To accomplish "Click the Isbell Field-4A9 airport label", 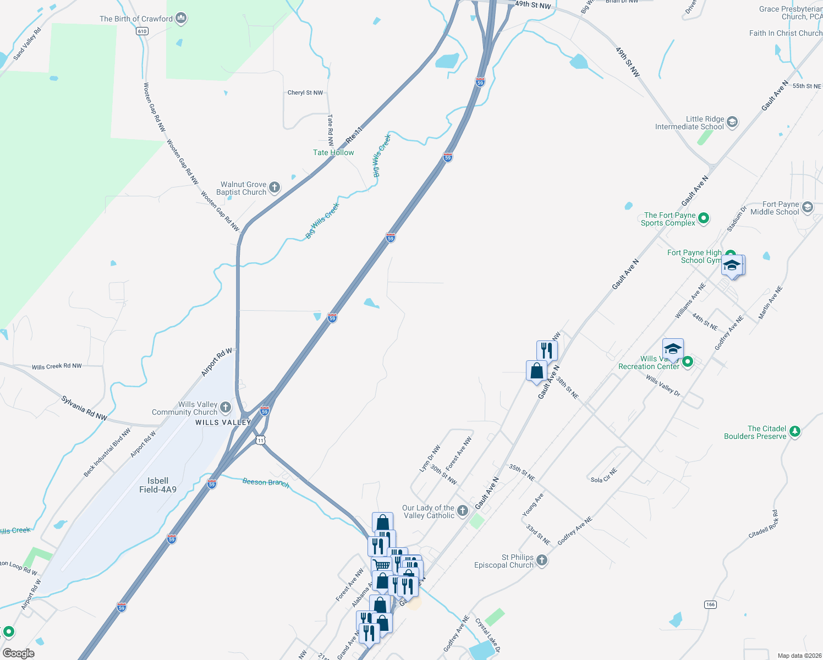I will pyautogui.click(x=158, y=485).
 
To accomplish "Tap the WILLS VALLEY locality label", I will pyautogui.click(x=223, y=422).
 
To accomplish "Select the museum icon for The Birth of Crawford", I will pyautogui.click(x=181, y=19).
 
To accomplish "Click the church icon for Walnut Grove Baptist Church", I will pyautogui.click(x=274, y=188).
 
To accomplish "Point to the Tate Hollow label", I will pyautogui.click(x=333, y=152).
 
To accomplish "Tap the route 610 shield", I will pyautogui.click(x=142, y=31).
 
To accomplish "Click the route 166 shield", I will pyautogui.click(x=710, y=604).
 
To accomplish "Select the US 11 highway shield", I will pyautogui.click(x=260, y=440).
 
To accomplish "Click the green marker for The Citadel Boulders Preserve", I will pyautogui.click(x=794, y=432).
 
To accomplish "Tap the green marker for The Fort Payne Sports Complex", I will pyautogui.click(x=704, y=218).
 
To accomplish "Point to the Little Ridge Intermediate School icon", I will pyautogui.click(x=732, y=122).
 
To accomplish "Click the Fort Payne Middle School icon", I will pyautogui.click(x=808, y=207).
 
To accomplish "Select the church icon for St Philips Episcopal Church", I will pyautogui.click(x=542, y=560).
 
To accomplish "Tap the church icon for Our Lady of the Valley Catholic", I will pyautogui.click(x=463, y=511).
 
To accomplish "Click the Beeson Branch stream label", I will pyautogui.click(x=266, y=482).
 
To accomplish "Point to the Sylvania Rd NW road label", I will pyautogui.click(x=84, y=409).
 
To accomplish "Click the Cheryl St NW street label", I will pyautogui.click(x=305, y=93).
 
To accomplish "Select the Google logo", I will pyautogui.click(x=18, y=653).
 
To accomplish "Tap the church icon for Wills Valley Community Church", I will pyautogui.click(x=226, y=408).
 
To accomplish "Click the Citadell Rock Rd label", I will pyautogui.click(x=764, y=525).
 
